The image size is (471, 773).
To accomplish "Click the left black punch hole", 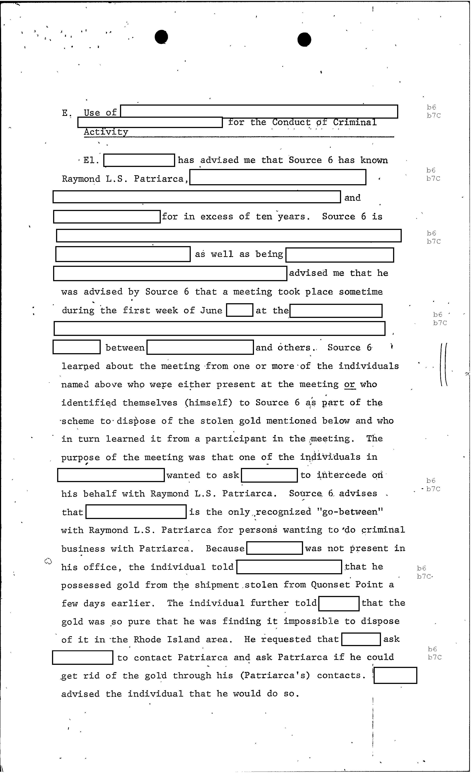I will tap(161, 37).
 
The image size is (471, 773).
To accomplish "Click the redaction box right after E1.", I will tap(139, 160).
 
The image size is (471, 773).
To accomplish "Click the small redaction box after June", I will tap(240, 310).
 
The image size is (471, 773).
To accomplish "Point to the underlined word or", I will tap(350, 384).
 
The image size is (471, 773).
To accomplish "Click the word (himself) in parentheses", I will tap(209, 403).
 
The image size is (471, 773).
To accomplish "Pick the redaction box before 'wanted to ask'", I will tap(111, 475).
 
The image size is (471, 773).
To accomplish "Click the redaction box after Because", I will tap(274, 548).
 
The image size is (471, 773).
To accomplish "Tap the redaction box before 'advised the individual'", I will tap(395, 675).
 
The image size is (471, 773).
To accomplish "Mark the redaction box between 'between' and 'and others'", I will tap(200, 347).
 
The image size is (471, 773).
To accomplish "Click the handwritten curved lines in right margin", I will tap(444, 364).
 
